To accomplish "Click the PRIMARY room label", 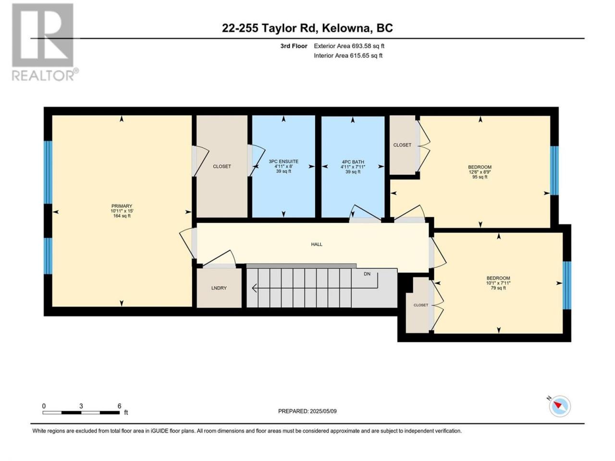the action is [122, 206].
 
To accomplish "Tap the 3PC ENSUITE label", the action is [283, 161].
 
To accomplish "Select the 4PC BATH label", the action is [353, 162].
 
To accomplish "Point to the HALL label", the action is [317, 244].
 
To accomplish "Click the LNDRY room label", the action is [219, 288].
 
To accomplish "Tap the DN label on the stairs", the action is [367, 274].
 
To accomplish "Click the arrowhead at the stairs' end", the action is [254, 288].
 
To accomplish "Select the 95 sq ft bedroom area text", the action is [480, 177].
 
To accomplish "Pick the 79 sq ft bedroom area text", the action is [498, 288].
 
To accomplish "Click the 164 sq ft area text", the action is [122, 216].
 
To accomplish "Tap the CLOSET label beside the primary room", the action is [222, 167].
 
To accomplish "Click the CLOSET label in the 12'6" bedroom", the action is [402, 145].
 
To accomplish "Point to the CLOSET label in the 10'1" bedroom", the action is [421, 305].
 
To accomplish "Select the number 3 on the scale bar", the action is [81, 406].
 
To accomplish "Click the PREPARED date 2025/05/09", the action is [323, 412].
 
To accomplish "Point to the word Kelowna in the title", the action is [345, 28].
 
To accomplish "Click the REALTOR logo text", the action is [44, 75].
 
